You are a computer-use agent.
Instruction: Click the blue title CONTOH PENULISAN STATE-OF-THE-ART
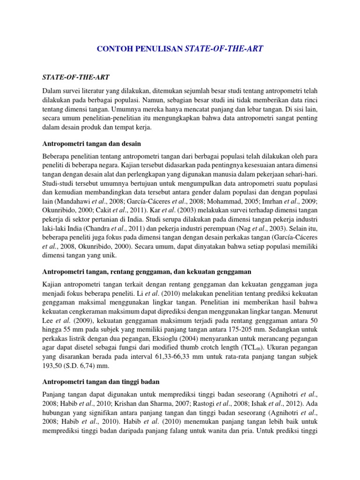pyautogui.click(x=180, y=48)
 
